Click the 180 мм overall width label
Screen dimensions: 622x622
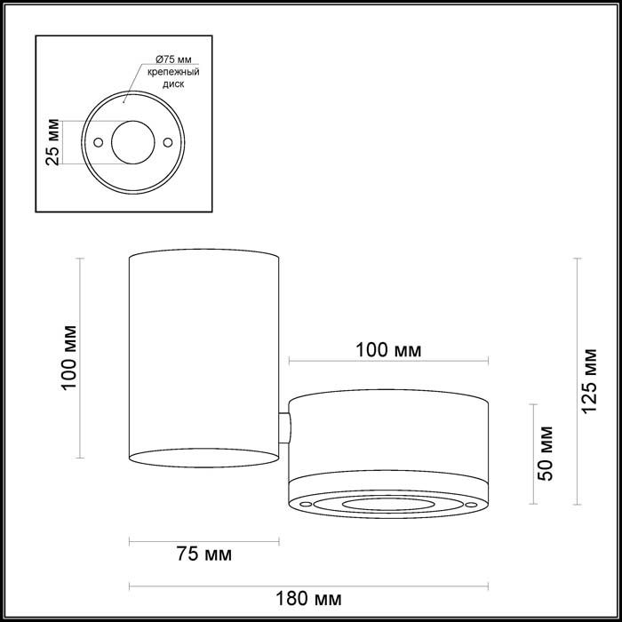(308, 599)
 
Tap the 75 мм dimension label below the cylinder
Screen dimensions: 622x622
(204, 554)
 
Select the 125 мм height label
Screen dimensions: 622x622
(589, 381)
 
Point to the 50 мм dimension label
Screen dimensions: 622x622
(545, 453)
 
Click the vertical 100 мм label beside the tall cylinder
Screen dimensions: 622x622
(68, 358)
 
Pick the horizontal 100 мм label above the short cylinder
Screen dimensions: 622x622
(388, 350)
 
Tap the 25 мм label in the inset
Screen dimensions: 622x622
(52, 142)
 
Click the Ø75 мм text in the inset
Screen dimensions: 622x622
(173, 60)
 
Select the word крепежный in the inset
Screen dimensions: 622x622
(173, 72)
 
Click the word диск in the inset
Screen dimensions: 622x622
(173, 84)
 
